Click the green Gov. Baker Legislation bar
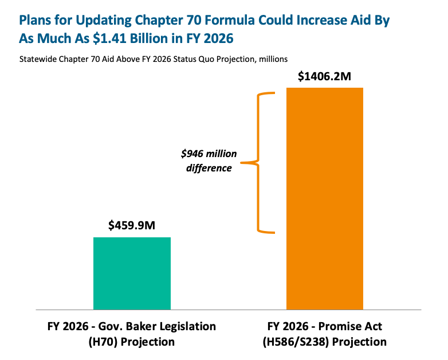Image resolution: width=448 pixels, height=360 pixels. point(132,273)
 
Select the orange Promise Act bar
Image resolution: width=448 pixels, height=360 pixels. point(325,198)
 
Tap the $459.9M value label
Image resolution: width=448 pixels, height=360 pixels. point(132,225)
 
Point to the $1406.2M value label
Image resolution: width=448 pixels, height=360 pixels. point(324,76)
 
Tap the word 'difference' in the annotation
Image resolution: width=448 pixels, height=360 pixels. point(209,169)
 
